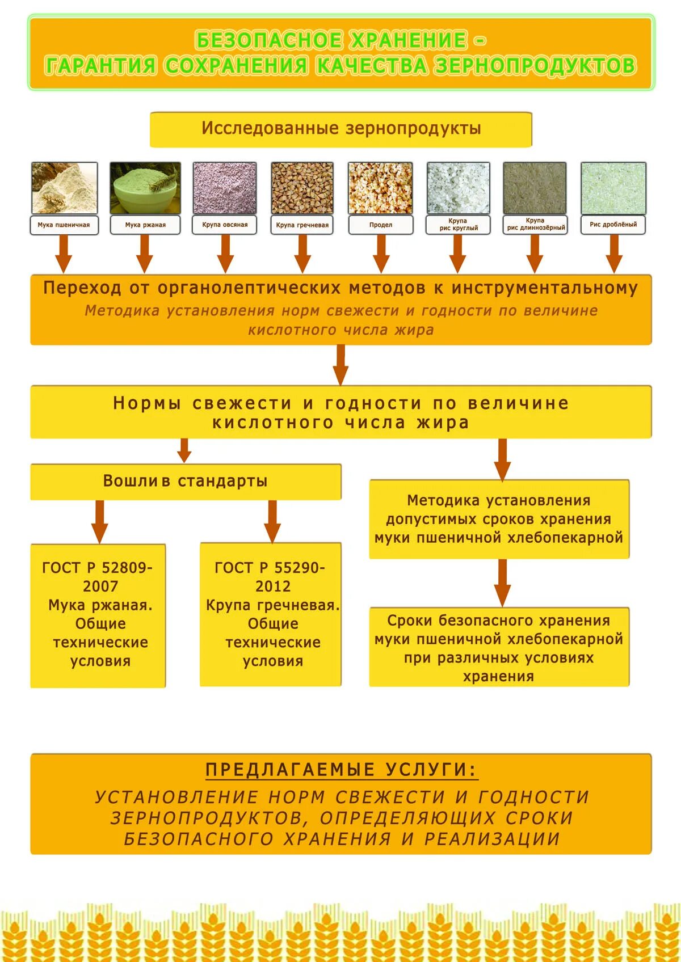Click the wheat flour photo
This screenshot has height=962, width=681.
[x=64, y=188]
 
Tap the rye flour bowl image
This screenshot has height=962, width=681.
[x=145, y=188]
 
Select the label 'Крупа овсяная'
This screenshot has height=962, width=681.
[x=225, y=225]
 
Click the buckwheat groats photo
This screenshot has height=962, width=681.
[x=302, y=188]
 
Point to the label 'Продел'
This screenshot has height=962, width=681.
[x=380, y=225]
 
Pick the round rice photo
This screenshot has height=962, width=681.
[x=458, y=188]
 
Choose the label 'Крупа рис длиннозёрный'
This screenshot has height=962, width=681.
[x=535, y=224]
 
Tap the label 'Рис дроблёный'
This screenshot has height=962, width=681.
[x=613, y=224]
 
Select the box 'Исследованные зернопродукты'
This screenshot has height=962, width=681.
[x=340, y=129]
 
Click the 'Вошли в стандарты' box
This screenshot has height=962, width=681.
[x=186, y=482]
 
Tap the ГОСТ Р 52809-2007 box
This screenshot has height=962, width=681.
[x=98, y=615]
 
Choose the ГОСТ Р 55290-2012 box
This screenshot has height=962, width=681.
[x=271, y=614]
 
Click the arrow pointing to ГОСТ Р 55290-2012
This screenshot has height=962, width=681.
[x=272, y=521]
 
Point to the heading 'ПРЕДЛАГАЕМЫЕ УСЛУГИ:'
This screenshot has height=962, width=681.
[x=341, y=770]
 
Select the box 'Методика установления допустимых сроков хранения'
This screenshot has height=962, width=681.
[x=499, y=519]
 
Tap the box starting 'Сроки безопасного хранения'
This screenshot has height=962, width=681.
[x=499, y=647]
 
